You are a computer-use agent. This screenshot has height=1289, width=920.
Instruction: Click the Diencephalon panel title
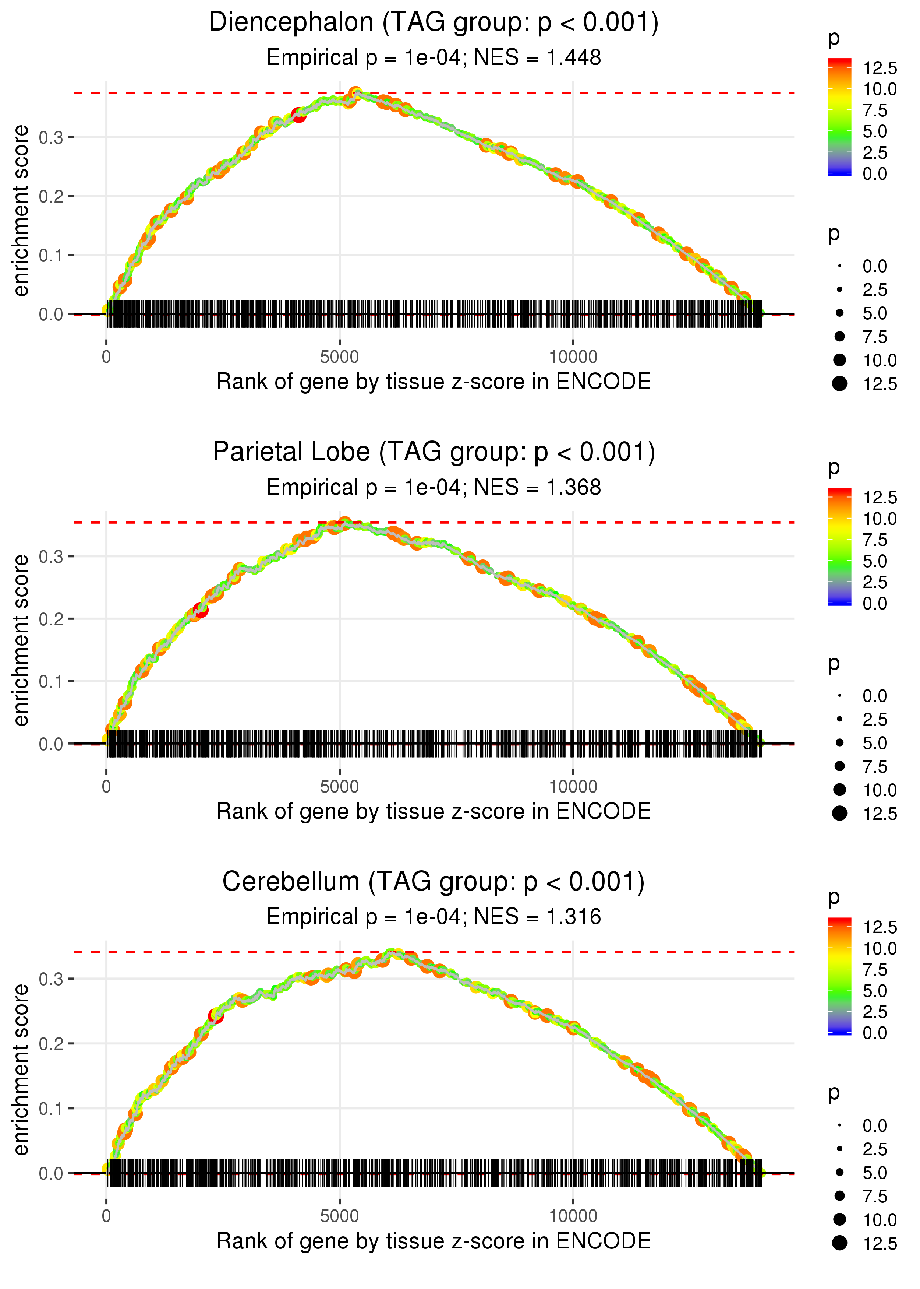tap(434, 23)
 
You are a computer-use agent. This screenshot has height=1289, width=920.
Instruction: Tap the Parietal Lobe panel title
tap(434, 452)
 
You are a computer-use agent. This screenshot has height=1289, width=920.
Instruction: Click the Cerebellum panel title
tap(434, 882)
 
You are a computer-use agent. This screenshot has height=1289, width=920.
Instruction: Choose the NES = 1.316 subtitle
tap(434, 917)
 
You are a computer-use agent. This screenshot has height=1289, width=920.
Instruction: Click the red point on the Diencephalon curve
tap(298, 115)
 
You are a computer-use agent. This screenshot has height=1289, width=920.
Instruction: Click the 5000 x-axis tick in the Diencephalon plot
tap(339, 357)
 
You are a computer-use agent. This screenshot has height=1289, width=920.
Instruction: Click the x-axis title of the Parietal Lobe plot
tap(434, 811)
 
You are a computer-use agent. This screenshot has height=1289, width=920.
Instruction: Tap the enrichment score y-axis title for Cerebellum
tap(21, 1070)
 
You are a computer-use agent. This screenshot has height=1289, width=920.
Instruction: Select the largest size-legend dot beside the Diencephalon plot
tap(839, 384)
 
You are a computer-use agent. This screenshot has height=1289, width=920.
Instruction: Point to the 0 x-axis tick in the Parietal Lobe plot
tap(106, 787)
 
